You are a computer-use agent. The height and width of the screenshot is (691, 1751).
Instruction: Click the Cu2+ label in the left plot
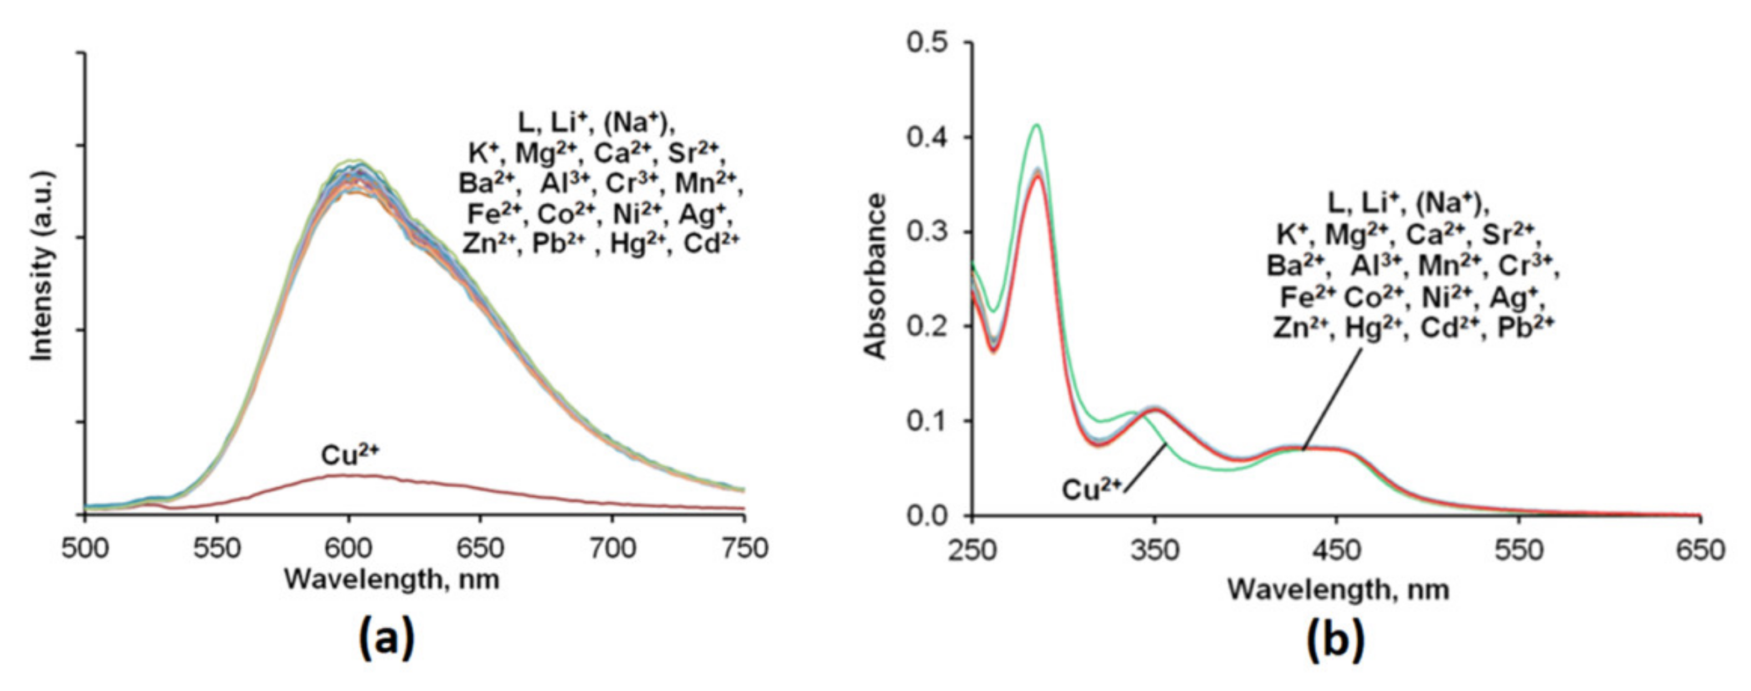pyautogui.click(x=349, y=455)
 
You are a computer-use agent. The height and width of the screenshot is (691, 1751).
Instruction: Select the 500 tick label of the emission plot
pyautogui.click(x=85, y=548)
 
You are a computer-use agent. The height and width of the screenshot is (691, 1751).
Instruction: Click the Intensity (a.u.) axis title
pyautogui.click(x=43, y=265)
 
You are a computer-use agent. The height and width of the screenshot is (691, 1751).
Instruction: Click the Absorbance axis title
pyautogui.click(x=876, y=275)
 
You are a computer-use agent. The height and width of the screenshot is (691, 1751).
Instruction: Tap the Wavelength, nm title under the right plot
pyautogui.click(x=1338, y=589)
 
